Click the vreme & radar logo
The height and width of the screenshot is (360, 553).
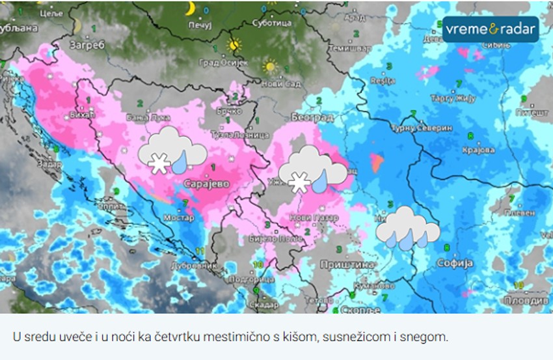point(491,29)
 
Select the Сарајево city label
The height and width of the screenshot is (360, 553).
point(207,184)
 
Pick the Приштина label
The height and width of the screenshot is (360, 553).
point(347,264)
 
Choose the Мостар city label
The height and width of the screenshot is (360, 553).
point(179,218)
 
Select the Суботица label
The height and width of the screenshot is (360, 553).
point(272,23)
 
